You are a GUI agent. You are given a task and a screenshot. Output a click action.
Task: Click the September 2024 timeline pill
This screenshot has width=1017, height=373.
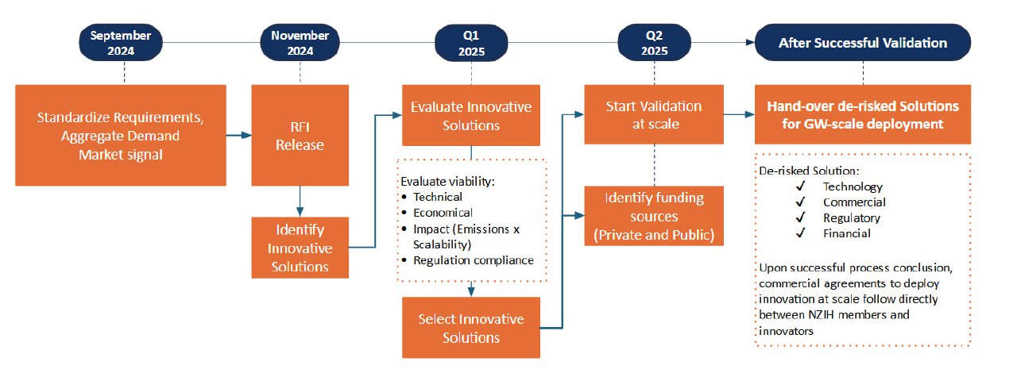pyautogui.click(x=121, y=43)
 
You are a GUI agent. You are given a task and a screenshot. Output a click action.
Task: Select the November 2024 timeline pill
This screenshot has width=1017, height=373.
pyautogui.click(x=300, y=43)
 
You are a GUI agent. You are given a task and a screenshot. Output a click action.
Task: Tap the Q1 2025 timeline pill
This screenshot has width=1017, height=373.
pyautogui.click(x=471, y=43)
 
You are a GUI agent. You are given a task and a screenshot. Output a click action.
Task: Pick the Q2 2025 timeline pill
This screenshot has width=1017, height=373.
pyautogui.click(x=654, y=43)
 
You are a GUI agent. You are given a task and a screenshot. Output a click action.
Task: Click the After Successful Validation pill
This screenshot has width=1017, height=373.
pyautogui.click(x=863, y=43)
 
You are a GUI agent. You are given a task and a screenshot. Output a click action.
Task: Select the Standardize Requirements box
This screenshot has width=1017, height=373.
pyautogui.click(x=121, y=135)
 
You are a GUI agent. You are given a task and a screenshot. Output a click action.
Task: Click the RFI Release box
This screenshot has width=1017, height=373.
pyautogui.click(x=300, y=135)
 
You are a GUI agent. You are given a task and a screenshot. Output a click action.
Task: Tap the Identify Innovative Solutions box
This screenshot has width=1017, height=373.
pyautogui.click(x=300, y=248)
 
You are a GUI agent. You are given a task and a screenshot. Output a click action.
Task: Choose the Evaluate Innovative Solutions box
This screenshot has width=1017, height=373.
pyautogui.click(x=471, y=115)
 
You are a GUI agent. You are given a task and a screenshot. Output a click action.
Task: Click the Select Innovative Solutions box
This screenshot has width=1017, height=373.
pyautogui.click(x=471, y=328)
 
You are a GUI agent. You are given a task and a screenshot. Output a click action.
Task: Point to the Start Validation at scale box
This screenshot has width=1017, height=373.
pyautogui.click(x=654, y=114)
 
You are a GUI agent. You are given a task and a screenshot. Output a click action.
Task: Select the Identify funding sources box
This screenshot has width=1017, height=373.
pyautogui.click(x=654, y=216)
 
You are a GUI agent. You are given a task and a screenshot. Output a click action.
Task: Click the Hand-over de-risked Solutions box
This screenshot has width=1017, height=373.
pyautogui.click(x=863, y=114)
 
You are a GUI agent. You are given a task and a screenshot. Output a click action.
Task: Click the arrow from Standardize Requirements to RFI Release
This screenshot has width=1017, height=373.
pyautogui.click(x=239, y=135)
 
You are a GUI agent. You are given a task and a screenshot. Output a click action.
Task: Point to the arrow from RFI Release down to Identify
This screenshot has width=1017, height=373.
pyautogui.click(x=300, y=201)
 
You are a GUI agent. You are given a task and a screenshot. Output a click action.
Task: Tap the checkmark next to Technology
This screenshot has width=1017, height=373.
pyautogui.click(x=800, y=186)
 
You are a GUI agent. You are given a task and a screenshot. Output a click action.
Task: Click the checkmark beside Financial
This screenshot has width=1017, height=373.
pyautogui.click(x=800, y=233)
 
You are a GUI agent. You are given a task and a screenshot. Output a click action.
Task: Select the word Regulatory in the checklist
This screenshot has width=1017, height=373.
pyautogui.click(x=852, y=217)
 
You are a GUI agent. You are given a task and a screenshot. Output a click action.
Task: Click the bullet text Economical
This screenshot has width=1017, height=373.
pyautogui.click(x=443, y=213)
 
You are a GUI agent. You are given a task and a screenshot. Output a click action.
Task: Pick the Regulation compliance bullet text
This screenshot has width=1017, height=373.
pyautogui.click(x=474, y=260)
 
